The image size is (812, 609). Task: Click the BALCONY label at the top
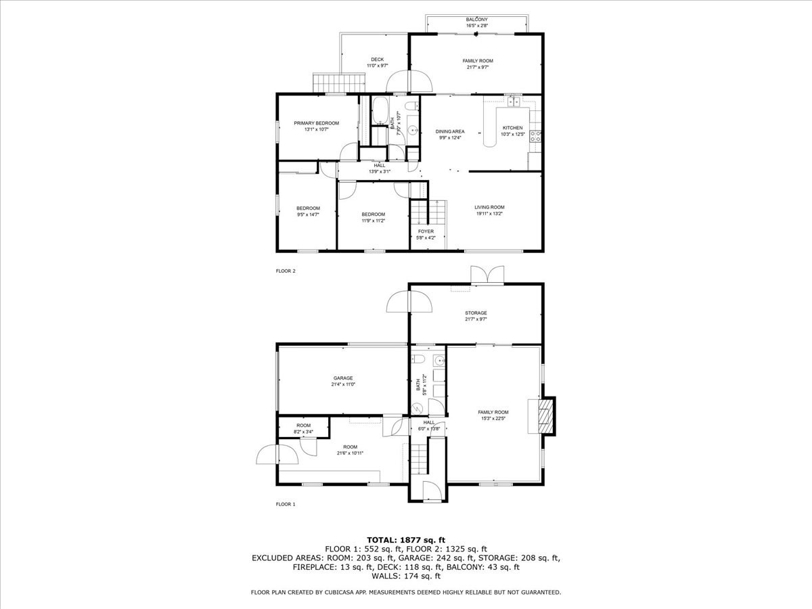pyautogui.click(x=476, y=20)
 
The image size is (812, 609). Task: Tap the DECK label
pyautogui.click(x=377, y=60)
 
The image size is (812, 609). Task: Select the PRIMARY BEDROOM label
pyautogui.click(x=316, y=123)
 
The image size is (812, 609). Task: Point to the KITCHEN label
pyautogui.click(x=512, y=128)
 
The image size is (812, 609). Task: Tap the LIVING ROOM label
pyautogui.click(x=489, y=208)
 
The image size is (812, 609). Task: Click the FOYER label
pyautogui.click(x=426, y=231)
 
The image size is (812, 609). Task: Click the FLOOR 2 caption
pyautogui.click(x=286, y=271)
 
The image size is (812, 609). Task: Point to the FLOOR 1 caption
pyautogui.click(x=286, y=504)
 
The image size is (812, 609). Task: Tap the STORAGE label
pyautogui.click(x=476, y=313)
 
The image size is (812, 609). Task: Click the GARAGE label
pyautogui.click(x=343, y=378)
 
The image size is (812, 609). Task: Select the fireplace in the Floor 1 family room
pyautogui.click(x=545, y=415)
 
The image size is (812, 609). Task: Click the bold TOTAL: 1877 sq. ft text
pyautogui.click(x=406, y=539)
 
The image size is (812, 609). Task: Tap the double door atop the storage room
pyautogui.click(x=487, y=274)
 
